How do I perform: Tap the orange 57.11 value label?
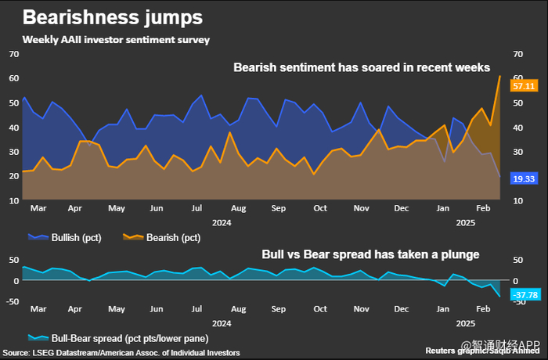(x=523, y=85)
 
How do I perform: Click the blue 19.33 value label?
(x=523, y=179)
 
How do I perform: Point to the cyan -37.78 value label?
(x=522, y=294)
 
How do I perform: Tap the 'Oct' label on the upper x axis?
(x=319, y=209)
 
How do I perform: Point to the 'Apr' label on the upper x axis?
(x=75, y=209)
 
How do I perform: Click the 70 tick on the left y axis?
(x=13, y=54)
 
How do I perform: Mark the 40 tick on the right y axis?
(x=517, y=127)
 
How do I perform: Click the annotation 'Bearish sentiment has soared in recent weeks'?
(x=362, y=67)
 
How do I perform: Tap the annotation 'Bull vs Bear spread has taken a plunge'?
(x=370, y=254)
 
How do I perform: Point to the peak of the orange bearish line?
(x=499, y=76)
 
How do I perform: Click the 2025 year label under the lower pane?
(x=466, y=322)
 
